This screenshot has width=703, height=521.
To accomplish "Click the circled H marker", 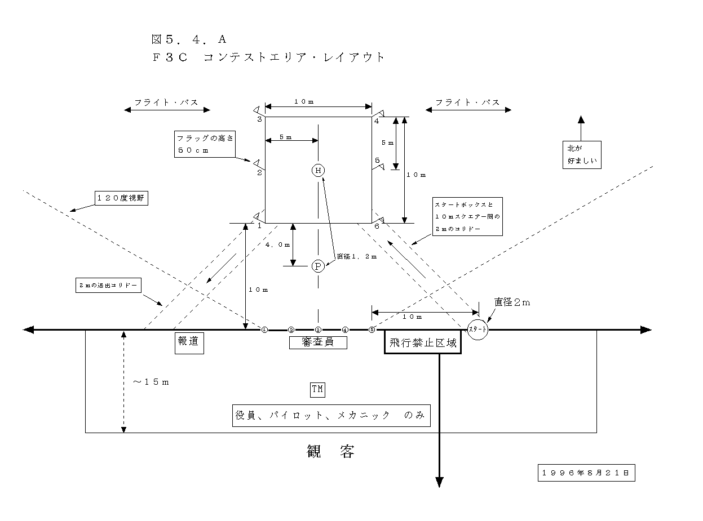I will click(319, 170).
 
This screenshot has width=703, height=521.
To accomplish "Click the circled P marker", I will click(319, 266).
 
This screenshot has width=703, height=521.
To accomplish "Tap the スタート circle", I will click(477, 329).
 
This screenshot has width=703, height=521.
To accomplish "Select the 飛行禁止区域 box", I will click(423, 342).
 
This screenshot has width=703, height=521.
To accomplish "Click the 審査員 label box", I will click(318, 342).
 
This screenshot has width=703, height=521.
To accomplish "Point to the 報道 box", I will click(189, 342).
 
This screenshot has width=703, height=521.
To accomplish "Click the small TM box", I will click(318, 389).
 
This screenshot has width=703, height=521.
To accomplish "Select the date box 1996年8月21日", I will click(586, 473).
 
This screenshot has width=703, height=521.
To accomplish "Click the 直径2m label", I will click(512, 302).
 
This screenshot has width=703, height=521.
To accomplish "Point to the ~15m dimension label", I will click(151, 382).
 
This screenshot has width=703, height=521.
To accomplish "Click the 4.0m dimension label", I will click(277, 244).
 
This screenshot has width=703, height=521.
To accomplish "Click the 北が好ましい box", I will click(582, 154).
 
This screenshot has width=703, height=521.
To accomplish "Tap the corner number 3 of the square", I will click(260, 120).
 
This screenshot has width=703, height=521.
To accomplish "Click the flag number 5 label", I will click(377, 161).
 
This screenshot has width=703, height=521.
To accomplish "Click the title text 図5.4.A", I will click(188, 39).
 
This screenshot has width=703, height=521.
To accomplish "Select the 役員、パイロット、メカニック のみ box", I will click(331, 416).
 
